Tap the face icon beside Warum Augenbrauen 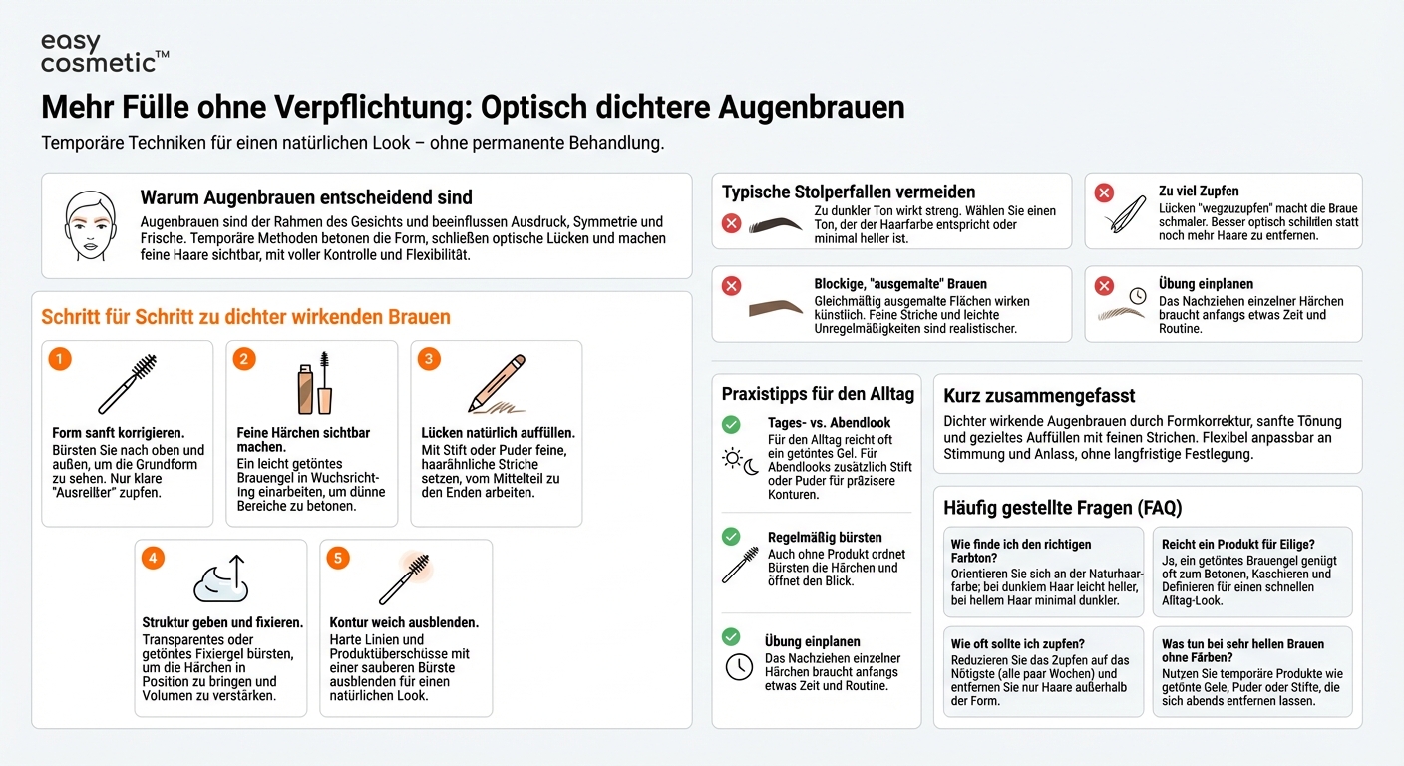88,226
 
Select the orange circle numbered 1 61,359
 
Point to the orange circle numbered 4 153,558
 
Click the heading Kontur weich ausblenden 404,622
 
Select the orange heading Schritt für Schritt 245,317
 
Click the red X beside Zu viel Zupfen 1104,192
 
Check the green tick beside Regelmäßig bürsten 731,537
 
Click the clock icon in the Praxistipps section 739,666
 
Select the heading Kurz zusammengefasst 1039,396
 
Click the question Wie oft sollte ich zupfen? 1017,643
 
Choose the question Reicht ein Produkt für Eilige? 1237,544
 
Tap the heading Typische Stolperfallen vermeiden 849,191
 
